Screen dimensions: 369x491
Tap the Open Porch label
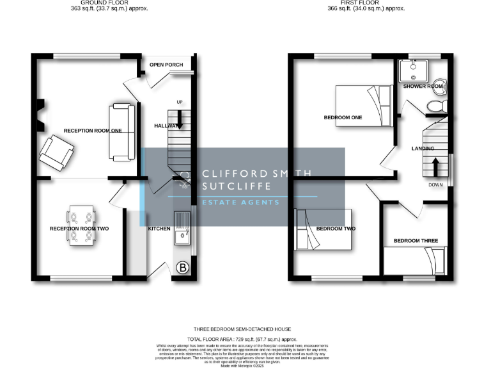point(166,65)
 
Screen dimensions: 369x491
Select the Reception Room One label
point(93,131)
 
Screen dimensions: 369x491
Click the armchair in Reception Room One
point(58,154)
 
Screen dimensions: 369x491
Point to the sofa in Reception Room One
point(121,131)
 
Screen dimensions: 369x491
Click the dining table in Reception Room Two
point(82,227)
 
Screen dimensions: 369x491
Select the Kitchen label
point(159,229)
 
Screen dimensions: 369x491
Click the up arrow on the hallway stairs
point(180,119)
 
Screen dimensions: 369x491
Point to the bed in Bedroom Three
point(416,261)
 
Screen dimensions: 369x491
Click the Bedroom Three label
point(416,241)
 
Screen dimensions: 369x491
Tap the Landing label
point(423,149)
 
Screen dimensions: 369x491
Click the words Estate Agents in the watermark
point(241,202)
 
